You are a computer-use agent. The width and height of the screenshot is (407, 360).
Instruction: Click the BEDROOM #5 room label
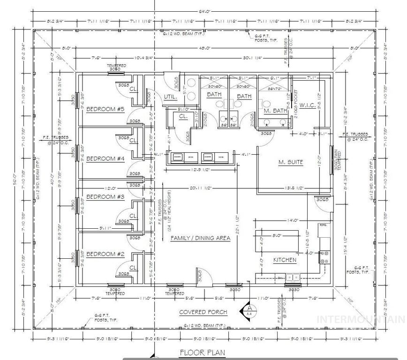105,110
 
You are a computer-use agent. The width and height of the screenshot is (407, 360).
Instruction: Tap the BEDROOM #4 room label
105,158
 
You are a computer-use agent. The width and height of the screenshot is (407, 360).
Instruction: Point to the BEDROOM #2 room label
105,254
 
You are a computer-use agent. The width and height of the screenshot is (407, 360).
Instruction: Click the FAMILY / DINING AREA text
200,238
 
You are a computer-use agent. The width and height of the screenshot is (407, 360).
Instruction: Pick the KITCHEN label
285,260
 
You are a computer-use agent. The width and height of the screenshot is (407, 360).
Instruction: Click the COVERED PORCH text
203,312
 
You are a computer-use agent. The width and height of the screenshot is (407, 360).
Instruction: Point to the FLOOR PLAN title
203,352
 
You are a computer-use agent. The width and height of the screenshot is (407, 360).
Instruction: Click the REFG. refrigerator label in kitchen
323,225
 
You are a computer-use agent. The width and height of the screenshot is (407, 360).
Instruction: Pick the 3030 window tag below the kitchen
294,290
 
